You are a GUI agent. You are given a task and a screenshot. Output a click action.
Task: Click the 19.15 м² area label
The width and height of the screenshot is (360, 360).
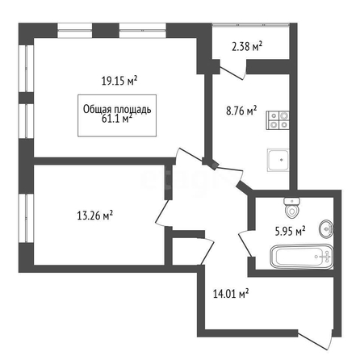(x=119, y=81)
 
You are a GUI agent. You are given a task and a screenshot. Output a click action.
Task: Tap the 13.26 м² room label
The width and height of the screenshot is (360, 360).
(x=95, y=216)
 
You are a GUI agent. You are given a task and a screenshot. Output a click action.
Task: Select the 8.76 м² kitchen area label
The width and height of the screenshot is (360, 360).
(x=241, y=111)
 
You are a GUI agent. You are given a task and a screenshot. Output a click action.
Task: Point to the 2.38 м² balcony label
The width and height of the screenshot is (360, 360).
(x=247, y=46)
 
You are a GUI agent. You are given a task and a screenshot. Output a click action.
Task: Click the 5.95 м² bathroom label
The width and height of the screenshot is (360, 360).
(x=291, y=231)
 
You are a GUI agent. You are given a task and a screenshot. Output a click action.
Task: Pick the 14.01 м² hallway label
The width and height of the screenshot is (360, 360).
(x=231, y=294)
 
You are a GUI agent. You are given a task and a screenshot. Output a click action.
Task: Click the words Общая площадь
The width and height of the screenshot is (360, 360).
(x=117, y=109)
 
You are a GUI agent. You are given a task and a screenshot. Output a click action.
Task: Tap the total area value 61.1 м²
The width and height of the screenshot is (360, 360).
(x=117, y=118)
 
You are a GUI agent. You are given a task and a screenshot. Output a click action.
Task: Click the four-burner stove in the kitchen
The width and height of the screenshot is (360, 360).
(x=278, y=120)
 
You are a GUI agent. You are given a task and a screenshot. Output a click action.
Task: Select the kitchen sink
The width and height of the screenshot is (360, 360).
(x=278, y=160)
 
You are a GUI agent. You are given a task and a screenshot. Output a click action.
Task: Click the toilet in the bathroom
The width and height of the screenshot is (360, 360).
(x=291, y=208)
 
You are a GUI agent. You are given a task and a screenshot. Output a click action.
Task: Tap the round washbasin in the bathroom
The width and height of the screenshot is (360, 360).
(x=326, y=228)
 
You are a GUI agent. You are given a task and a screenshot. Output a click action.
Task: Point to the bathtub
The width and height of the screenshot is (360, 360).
(x=302, y=257)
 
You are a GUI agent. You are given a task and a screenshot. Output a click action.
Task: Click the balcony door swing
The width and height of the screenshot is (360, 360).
(x=233, y=70)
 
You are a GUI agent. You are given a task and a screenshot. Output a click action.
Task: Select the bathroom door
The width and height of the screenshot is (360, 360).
(x=245, y=243)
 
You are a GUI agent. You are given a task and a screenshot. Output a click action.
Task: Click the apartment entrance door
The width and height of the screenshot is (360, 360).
(x=315, y=341)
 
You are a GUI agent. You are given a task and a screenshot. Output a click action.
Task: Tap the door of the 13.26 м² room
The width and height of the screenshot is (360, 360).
(x=161, y=212)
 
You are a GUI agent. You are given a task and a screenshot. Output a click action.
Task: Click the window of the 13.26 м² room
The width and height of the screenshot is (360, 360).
(x=26, y=218)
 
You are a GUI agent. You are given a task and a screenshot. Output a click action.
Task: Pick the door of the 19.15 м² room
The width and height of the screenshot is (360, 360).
(x=188, y=155)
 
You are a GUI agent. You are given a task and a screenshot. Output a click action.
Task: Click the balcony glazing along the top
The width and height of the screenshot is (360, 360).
(x=250, y=25)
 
